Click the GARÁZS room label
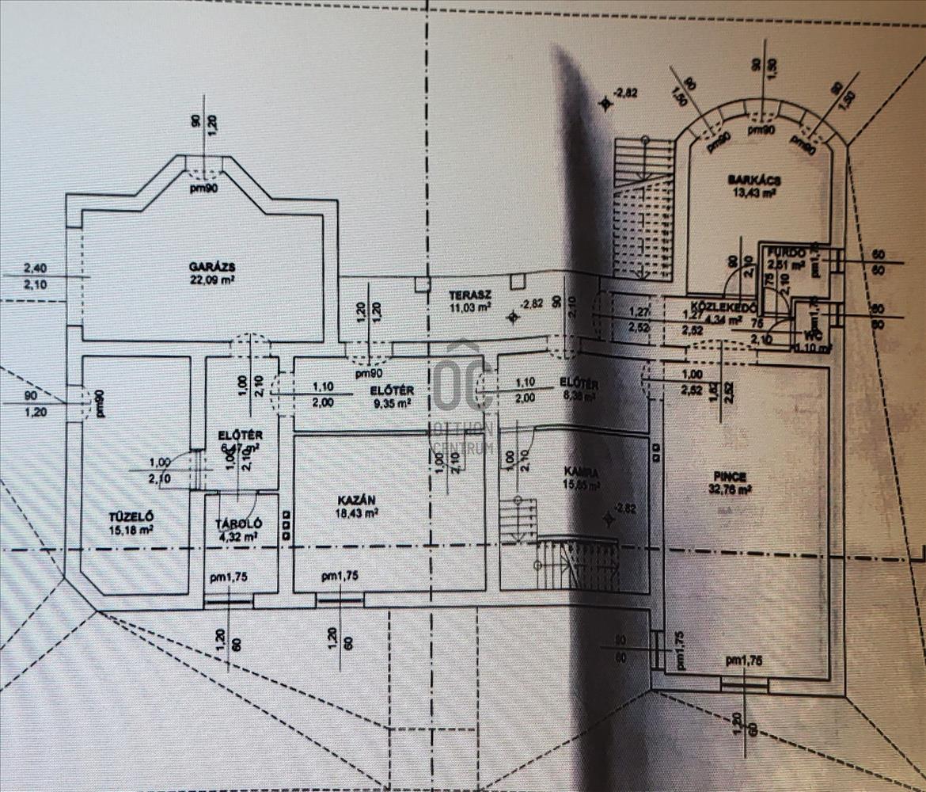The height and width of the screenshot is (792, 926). pyautogui.click(x=203, y=266)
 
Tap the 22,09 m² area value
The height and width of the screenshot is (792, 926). pyautogui.click(x=203, y=279)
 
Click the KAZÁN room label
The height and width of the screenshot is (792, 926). pyautogui.click(x=355, y=500)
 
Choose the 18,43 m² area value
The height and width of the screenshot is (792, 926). pyautogui.click(x=355, y=512)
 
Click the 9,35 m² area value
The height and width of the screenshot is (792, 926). pyautogui.click(x=393, y=402)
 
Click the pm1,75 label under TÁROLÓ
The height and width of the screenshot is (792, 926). pyautogui.click(x=230, y=577)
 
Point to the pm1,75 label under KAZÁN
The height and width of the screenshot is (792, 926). pyautogui.click(x=340, y=577)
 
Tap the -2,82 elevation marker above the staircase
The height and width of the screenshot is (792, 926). pyautogui.click(x=627, y=93)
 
